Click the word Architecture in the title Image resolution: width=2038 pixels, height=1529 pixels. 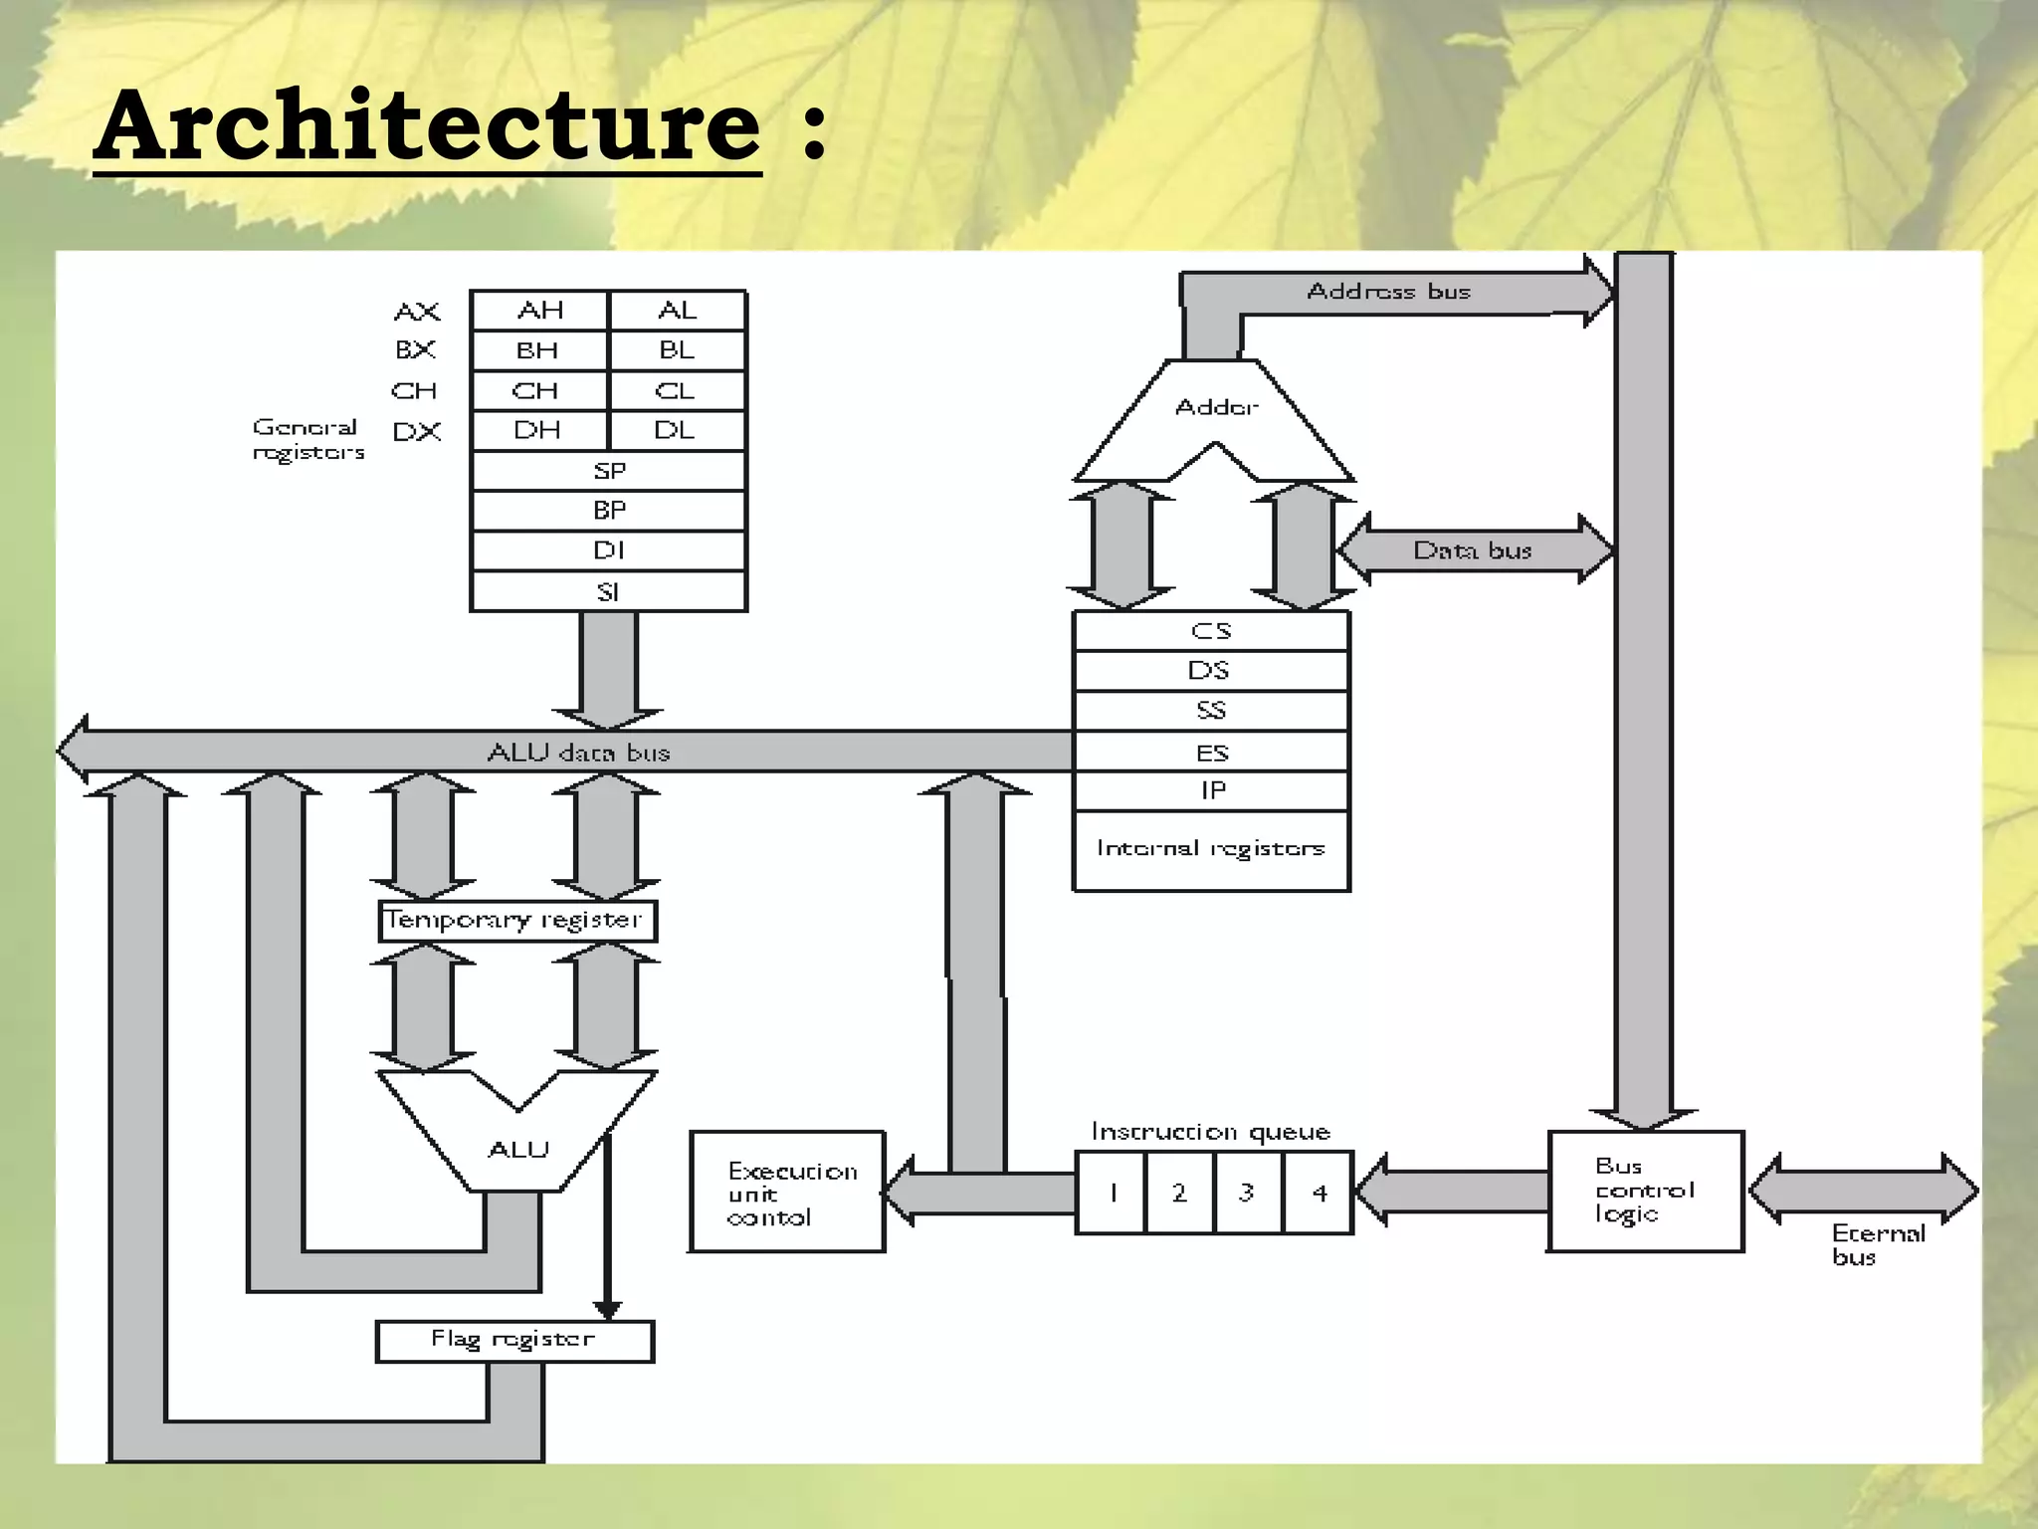coord(428,126)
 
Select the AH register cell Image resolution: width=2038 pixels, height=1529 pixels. coord(539,311)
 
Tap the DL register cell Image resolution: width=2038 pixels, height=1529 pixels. coord(676,430)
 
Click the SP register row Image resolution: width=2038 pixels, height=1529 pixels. coord(608,471)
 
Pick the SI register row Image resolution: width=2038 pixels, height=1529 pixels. coord(608,592)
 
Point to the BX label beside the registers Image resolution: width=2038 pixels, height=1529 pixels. coord(415,350)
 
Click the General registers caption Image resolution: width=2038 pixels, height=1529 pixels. coord(307,439)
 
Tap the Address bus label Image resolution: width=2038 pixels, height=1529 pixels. coord(1387,292)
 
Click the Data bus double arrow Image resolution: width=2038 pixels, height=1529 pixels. coord(1473,549)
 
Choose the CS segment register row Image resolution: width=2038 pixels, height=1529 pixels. coord(1211,631)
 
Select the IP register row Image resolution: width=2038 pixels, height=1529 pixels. coord(1211,791)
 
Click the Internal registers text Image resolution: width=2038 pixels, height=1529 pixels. coord(1211,848)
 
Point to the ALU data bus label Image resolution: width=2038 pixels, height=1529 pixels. coord(578,753)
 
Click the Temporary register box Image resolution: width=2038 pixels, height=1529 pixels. coord(516,920)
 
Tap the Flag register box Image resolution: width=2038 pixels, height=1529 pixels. coord(514,1340)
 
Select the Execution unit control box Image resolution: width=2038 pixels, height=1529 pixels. coord(787,1192)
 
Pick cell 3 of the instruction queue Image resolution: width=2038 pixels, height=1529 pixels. coord(1247,1193)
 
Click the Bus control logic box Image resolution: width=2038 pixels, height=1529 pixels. coord(1645,1191)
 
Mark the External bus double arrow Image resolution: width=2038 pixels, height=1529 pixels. coord(1863,1189)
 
